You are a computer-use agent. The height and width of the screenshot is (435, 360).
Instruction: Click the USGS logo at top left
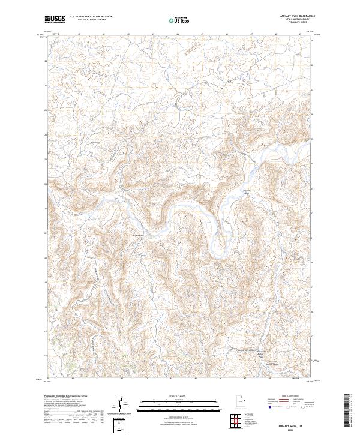pos(55,19)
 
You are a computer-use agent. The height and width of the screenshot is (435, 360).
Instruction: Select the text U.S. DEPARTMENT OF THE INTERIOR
pos(90,17)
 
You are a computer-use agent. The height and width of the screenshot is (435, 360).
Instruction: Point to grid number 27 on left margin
pos(47,86)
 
